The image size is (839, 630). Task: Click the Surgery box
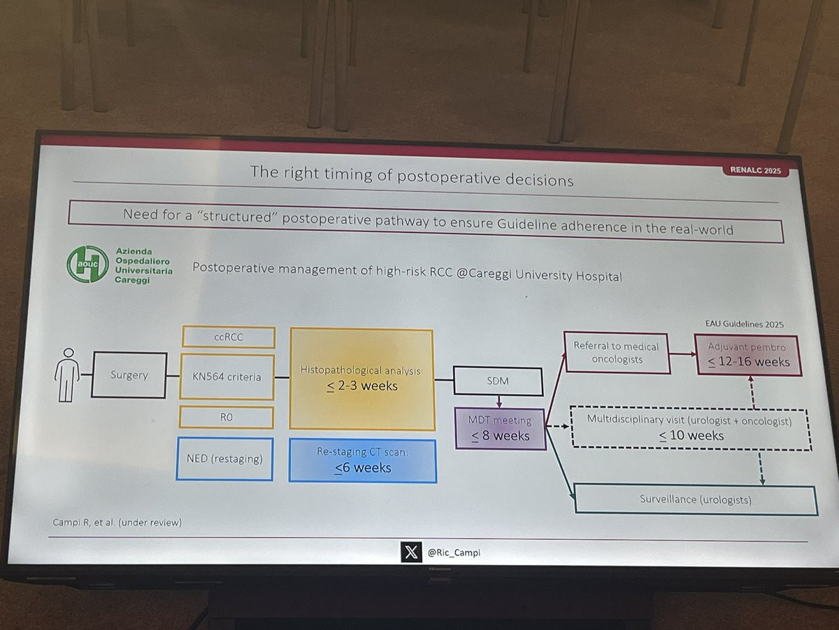[x=129, y=375]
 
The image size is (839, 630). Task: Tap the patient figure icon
[x=67, y=375]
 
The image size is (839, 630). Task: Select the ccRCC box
[x=229, y=337]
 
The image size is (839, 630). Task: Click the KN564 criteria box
[x=227, y=377]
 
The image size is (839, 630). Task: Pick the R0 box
[x=227, y=417]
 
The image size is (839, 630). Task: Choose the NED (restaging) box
[x=224, y=458]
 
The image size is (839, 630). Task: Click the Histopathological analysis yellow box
[x=362, y=380]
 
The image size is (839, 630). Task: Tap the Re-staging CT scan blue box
[x=363, y=461]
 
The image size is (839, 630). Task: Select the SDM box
[x=498, y=381]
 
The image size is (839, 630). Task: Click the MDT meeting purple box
[x=500, y=429]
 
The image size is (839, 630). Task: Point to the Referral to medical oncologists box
[x=617, y=353]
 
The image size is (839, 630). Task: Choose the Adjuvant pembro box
[x=748, y=356]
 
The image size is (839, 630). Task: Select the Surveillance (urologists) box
[x=696, y=499]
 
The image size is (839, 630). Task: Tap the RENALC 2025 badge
[x=755, y=170]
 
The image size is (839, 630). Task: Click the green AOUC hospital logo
[x=87, y=264]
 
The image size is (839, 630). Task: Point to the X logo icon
[x=411, y=552]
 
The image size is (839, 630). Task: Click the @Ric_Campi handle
[x=454, y=552]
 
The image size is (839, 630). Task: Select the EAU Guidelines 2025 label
[x=744, y=324]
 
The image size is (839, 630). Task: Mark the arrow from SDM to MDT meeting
[x=499, y=402]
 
